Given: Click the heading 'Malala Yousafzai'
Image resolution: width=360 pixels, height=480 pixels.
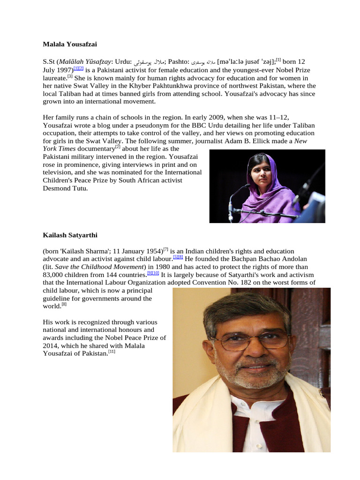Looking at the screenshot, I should pyautogui.click(x=70, y=45).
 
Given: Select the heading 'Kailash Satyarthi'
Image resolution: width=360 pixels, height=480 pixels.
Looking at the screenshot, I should pyautogui.click(x=70, y=234).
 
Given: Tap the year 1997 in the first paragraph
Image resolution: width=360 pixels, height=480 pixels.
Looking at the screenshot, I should pyautogui.click(x=64, y=70).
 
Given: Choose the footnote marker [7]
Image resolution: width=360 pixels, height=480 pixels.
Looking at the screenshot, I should pyautogui.click(x=165, y=249).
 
